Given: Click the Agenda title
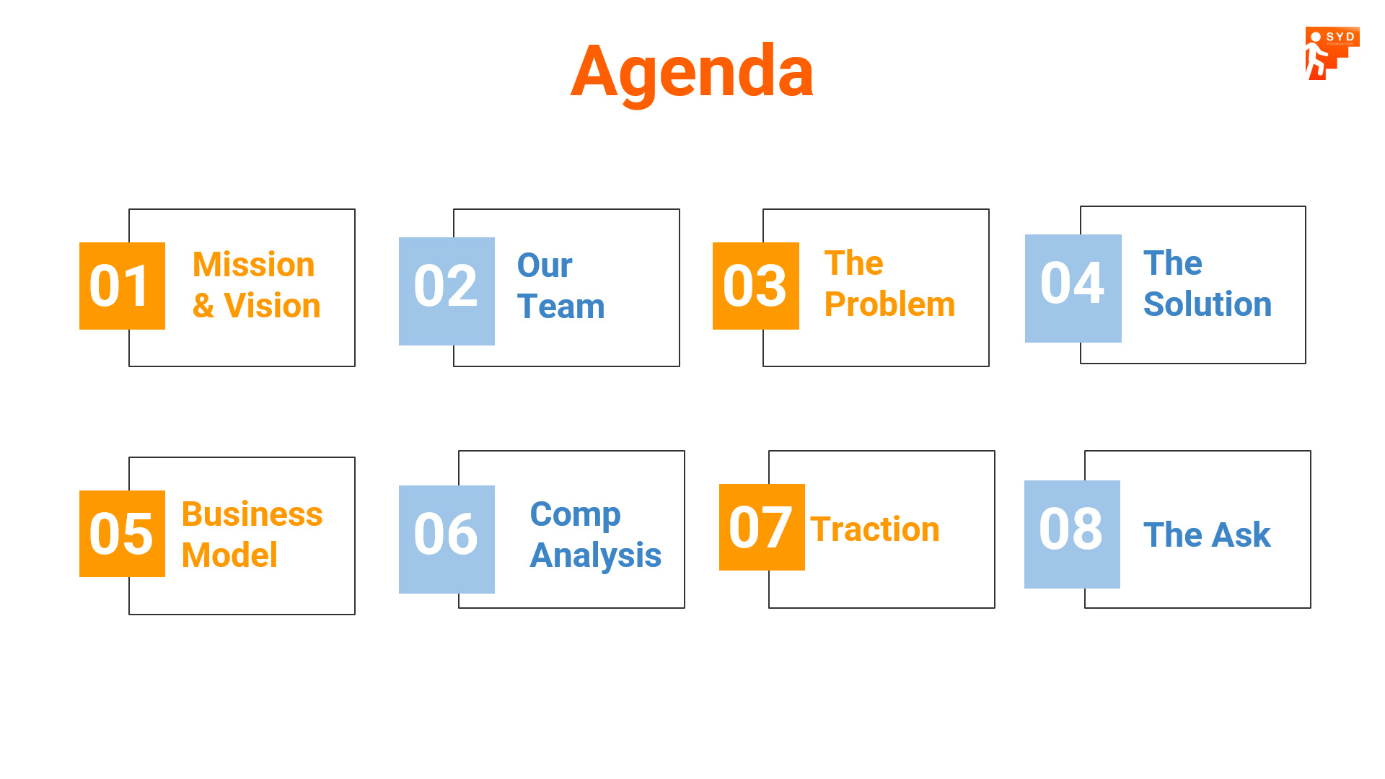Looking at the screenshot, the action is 692,73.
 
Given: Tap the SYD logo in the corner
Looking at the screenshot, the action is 1332,53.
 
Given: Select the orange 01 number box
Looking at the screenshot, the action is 122,286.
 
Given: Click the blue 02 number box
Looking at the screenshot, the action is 447,291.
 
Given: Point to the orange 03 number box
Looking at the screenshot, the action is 755,286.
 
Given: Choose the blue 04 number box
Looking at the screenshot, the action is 1073,289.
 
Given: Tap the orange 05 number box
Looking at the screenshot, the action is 122,534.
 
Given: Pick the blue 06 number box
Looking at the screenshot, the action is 447,540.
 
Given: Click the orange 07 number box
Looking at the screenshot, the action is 762,527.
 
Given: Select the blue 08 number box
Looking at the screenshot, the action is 1072,534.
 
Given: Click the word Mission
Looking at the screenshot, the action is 254,265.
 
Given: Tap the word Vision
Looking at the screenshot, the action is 273,306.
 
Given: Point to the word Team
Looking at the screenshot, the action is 561,307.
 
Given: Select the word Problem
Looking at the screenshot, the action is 890,304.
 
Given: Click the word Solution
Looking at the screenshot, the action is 1208,304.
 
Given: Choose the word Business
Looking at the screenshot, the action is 252,514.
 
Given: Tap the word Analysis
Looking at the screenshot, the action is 596,556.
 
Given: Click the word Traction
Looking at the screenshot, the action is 875,529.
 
